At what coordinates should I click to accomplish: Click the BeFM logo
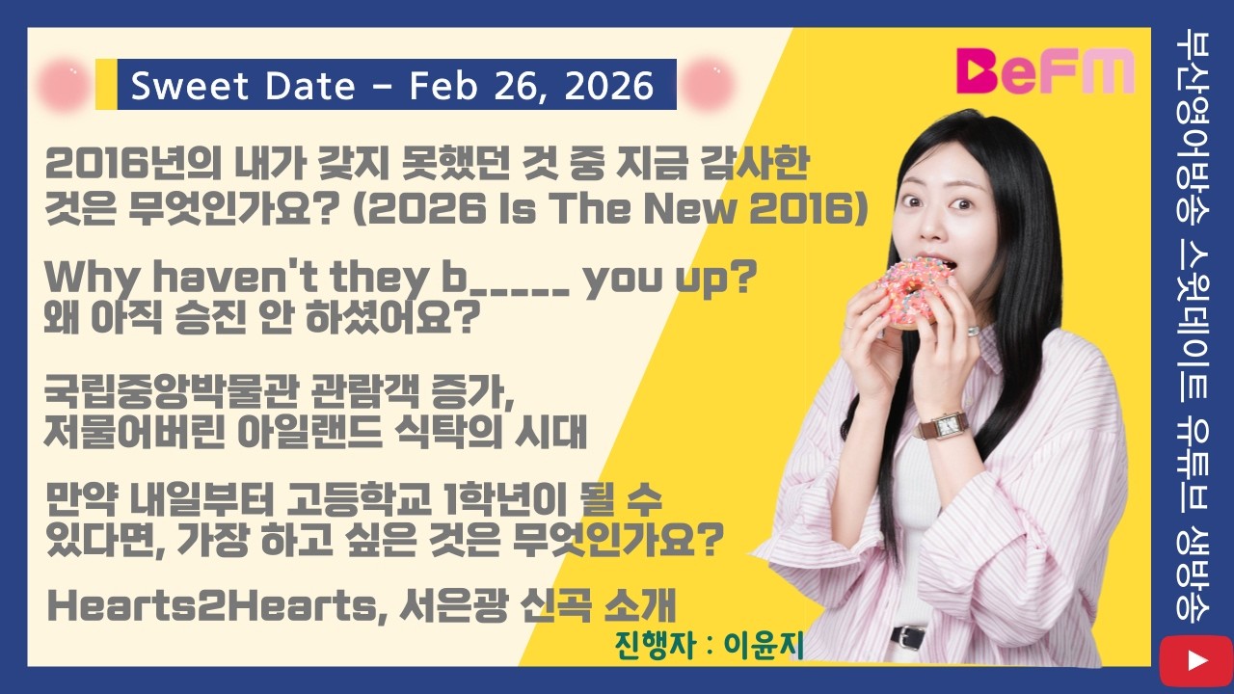point(1045,71)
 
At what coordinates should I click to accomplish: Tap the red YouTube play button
point(1195,660)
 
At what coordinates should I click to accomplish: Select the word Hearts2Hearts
point(213,606)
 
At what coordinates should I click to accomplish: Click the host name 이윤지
point(767,645)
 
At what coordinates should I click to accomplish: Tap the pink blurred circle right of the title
point(714,84)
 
